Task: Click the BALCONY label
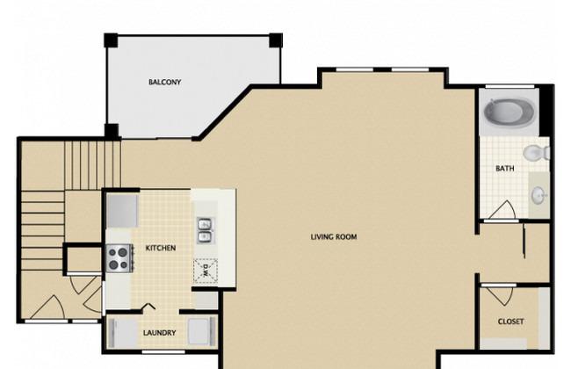[x=164, y=83]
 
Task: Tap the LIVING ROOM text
[x=334, y=236]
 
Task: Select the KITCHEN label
[x=160, y=249]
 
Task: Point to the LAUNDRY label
[x=160, y=333]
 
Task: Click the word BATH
[x=504, y=169]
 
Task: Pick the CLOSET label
[x=510, y=322]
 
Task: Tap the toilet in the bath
[x=536, y=154]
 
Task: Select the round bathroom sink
[x=538, y=194]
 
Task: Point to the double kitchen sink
[x=204, y=230]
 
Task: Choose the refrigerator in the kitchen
[x=122, y=209]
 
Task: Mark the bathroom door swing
[x=504, y=210]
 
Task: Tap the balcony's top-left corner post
[x=111, y=40]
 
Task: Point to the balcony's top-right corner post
[x=275, y=40]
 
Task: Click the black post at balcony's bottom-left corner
[x=112, y=132]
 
